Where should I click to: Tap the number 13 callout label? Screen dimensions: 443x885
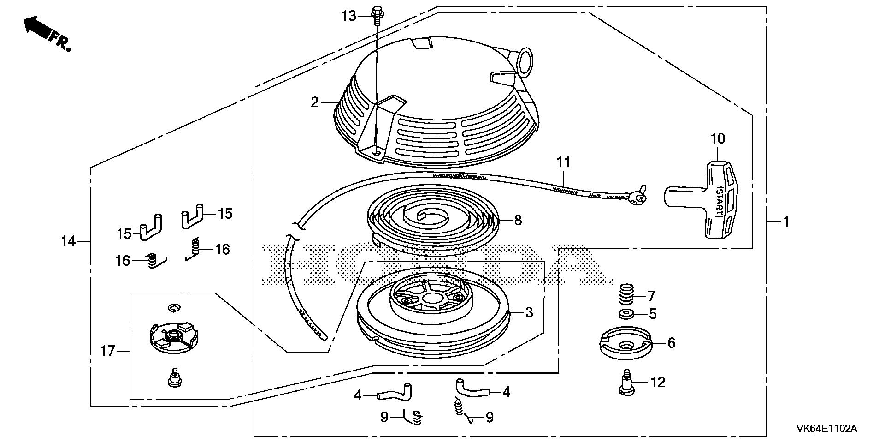point(349,17)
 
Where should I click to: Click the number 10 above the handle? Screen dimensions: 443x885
point(717,138)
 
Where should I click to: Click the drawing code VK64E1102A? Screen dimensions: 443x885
point(826,429)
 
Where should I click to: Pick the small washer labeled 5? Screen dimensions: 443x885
point(626,315)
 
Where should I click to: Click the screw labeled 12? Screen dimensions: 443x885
point(626,382)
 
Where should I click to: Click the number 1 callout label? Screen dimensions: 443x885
point(786,222)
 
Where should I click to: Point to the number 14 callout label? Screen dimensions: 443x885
point(68,241)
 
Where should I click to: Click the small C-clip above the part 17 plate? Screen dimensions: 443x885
point(174,308)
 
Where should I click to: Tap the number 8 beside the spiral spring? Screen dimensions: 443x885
point(518,221)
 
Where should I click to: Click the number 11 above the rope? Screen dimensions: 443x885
point(563,162)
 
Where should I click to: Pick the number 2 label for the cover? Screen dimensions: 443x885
point(315,102)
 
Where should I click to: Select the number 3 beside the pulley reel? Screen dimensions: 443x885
point(529,312)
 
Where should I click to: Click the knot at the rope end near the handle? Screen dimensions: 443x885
point(638,198)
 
